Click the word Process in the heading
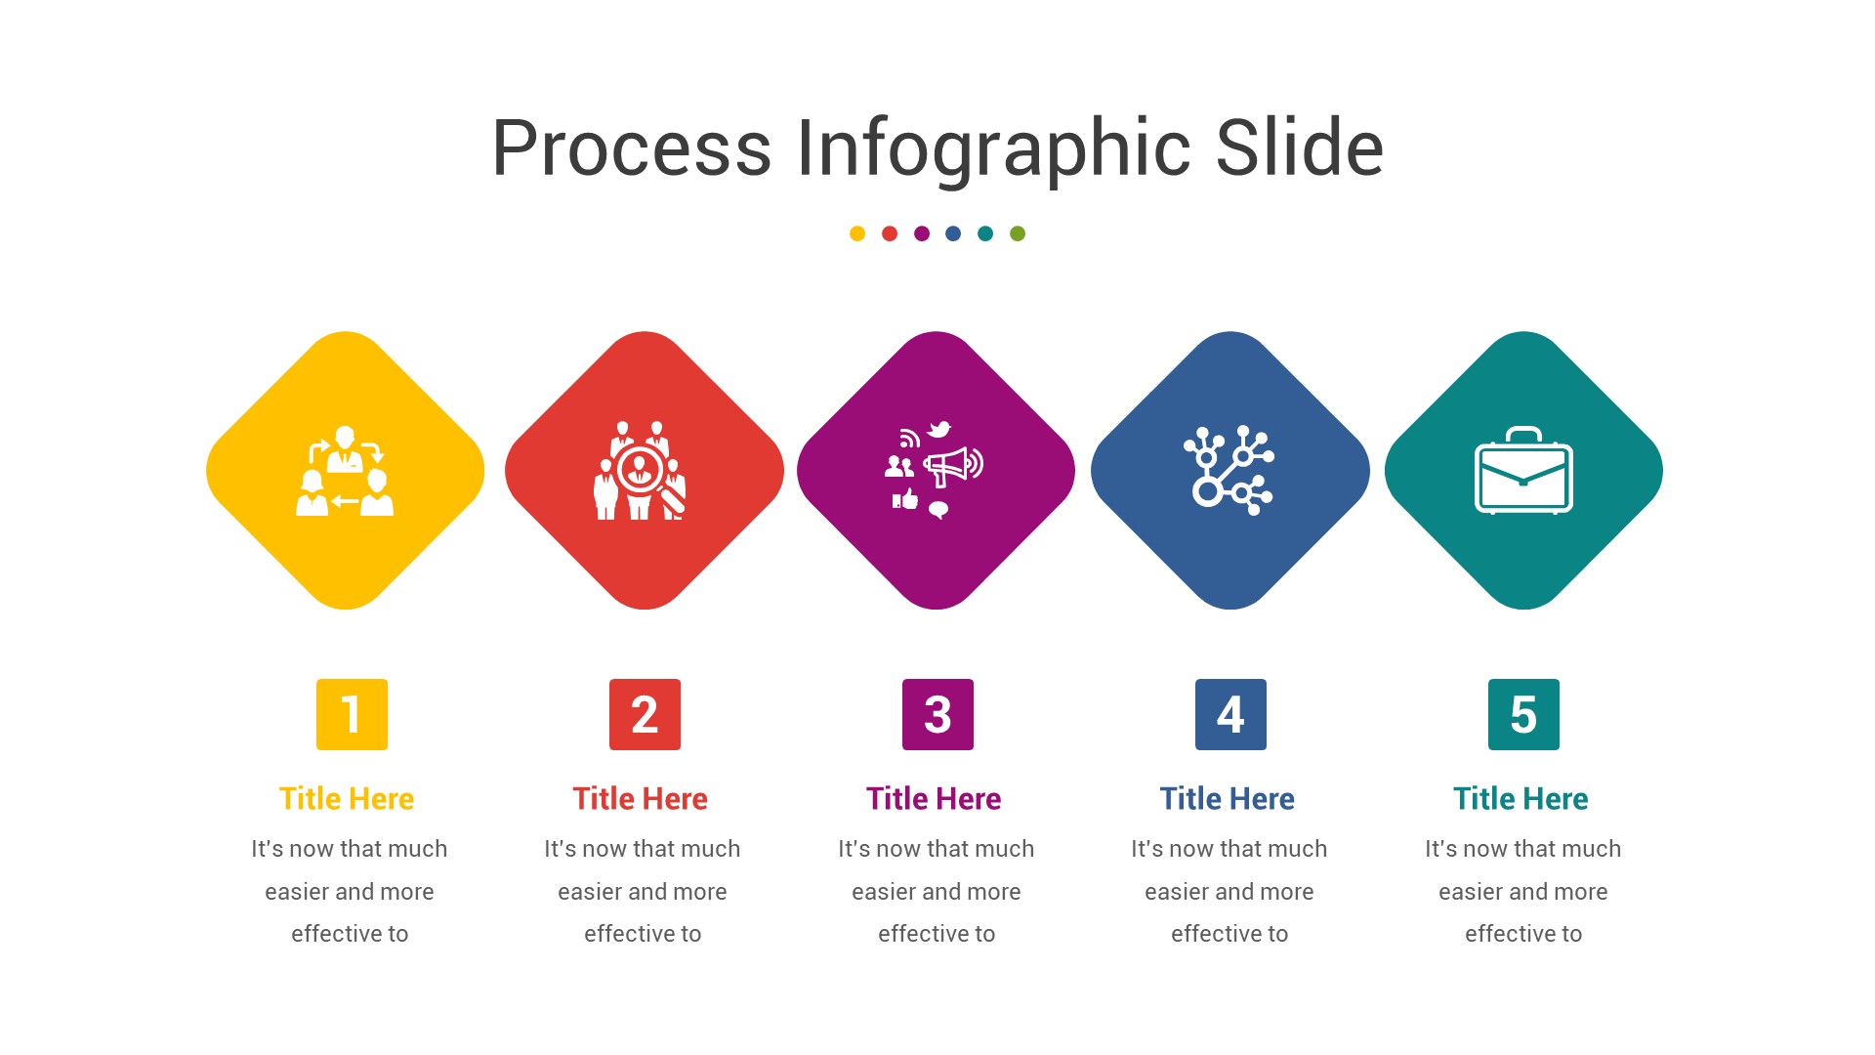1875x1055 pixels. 631,148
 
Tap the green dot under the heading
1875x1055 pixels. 1018,233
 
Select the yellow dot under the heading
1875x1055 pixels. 857,233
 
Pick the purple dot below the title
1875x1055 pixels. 922,233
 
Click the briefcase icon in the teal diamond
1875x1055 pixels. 1523,471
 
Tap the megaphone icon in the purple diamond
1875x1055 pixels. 949,466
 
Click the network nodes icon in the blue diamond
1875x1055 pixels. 1229,470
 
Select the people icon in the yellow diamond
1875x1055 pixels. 345,471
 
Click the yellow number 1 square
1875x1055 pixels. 352,714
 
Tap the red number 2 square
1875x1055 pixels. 645,714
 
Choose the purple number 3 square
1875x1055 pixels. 937,714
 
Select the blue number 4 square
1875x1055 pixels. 1230,714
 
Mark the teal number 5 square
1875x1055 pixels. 1523,714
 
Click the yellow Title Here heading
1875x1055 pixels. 347,799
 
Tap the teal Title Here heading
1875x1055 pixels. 1521,799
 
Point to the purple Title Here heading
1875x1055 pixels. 934,799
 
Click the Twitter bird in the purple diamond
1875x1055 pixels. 939,429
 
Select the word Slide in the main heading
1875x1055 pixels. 1299,148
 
